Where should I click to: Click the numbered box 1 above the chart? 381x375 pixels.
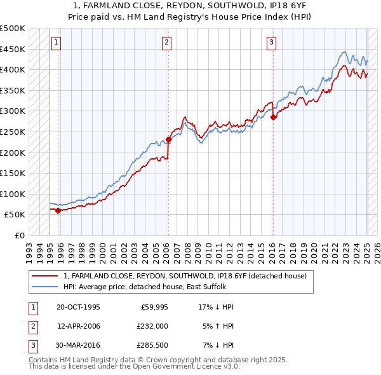point(56,43)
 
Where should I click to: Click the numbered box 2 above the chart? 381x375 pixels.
point(166,43)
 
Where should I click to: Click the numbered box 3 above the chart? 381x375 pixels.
point(271,43)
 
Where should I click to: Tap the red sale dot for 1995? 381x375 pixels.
point(58,210)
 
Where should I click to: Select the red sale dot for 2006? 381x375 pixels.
point(168,139)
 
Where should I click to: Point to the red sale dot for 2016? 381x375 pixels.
point(273,117)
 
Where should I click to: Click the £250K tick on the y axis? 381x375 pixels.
point(13,132)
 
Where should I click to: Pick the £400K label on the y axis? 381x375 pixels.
point(13,69)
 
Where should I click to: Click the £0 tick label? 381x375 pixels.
point(20,235)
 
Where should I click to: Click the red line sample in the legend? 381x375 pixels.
point(45,276)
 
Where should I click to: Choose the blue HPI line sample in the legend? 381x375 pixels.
point(45,286)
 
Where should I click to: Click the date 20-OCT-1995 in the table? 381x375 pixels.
point(78,307)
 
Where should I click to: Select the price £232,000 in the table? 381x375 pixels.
point(152,326)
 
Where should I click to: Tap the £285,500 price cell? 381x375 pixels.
point(152,345)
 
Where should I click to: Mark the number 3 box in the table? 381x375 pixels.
point(31,345)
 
